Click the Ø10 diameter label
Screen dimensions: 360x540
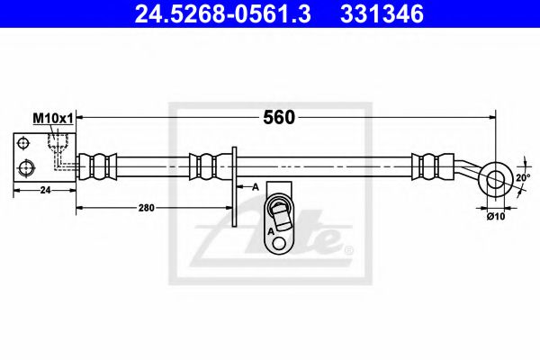(495, 215)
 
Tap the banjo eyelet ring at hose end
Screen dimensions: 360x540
(495, 177)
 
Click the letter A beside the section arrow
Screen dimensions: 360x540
(256, 186)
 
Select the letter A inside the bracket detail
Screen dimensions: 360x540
(269, 230)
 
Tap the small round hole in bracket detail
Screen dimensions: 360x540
(280, 243)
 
